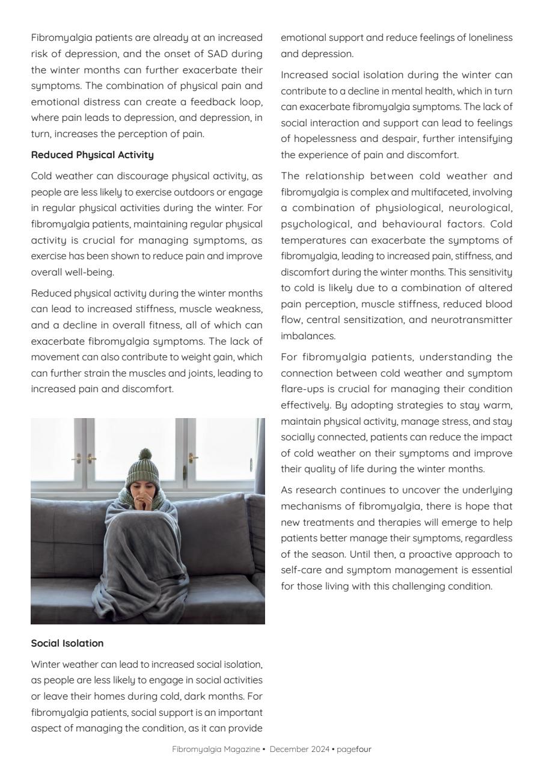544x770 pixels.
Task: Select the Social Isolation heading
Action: click(x=67, y=643)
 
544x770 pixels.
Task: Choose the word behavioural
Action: click(x=430, y=224)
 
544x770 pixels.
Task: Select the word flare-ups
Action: click(x=303, y=389)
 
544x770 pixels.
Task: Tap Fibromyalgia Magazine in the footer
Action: click(x=216, y=749)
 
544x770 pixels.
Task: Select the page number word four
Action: click(x=364, y=749)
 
